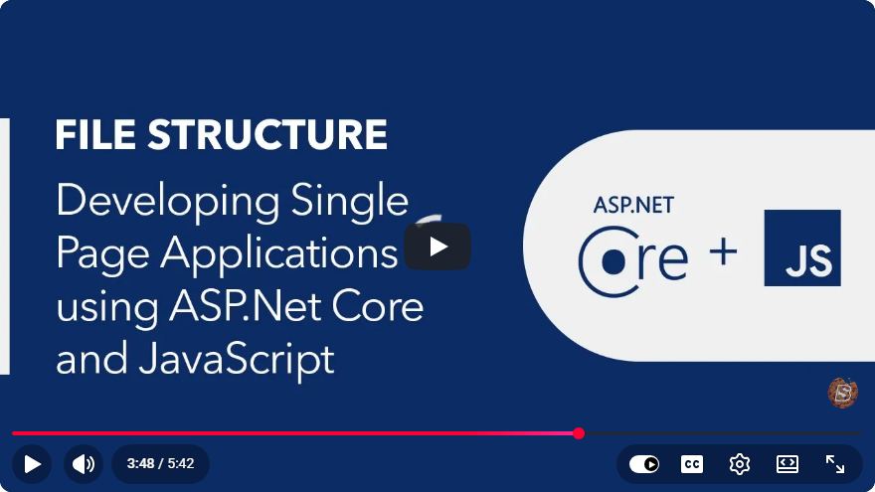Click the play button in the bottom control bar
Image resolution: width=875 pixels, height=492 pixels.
coord(32,463)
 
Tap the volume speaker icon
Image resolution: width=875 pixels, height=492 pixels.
coord(84,463)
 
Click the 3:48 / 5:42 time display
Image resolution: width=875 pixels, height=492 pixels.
coord(161,463)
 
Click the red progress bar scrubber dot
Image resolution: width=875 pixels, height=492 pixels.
coord(579,433)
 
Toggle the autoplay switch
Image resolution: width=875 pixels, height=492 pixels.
coord(644,464)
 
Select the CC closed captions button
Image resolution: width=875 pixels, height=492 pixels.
coord(692,464)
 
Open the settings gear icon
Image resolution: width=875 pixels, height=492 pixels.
coord(740,464)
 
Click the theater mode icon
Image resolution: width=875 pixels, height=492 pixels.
coord(787,464)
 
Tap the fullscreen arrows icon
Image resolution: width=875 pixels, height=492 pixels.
coord(835,464)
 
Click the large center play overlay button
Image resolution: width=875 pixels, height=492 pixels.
coord(437,246)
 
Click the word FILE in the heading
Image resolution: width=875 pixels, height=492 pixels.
coord(95,134)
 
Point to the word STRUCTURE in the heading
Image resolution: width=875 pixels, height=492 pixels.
coord(267,134)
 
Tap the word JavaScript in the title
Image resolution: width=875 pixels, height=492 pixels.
coord(237,360)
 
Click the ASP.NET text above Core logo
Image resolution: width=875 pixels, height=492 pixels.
coord(633,206)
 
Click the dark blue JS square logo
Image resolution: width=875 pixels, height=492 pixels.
coord(802,247)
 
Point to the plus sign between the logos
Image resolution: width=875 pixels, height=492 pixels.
coord(723,252)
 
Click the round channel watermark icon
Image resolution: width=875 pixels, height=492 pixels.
coord(842,393)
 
